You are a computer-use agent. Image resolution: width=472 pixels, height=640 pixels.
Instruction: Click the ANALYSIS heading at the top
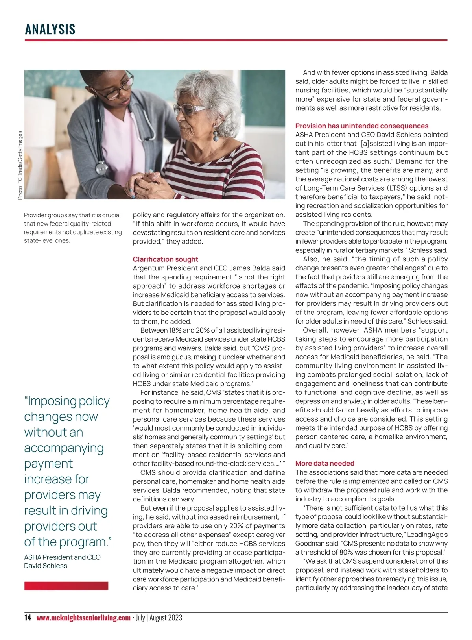pos(50,29)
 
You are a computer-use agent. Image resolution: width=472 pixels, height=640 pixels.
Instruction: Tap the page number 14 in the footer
pos(28,618)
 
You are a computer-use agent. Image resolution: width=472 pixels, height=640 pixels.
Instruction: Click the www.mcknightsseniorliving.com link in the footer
pos(83,618)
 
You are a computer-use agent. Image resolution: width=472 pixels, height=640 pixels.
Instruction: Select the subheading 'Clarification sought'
pos(165,259)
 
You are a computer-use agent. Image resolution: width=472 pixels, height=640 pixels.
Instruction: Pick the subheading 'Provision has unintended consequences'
pos(361,126)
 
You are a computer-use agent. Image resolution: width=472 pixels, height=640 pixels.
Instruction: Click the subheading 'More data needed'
pos(324,464)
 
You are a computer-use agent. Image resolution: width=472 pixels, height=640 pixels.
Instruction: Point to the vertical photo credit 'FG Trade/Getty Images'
pos(20,165)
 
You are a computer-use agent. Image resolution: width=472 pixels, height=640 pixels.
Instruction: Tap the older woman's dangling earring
pos(216,136)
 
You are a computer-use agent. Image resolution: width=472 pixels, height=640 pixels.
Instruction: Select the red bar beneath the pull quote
pos(66,586)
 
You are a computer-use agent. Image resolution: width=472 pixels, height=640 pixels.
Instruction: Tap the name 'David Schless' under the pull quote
pos(46,566)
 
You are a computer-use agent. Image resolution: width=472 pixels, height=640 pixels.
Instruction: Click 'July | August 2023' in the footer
pos(159,618)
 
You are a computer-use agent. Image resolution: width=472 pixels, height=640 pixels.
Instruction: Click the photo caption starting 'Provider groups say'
pos(72,228)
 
